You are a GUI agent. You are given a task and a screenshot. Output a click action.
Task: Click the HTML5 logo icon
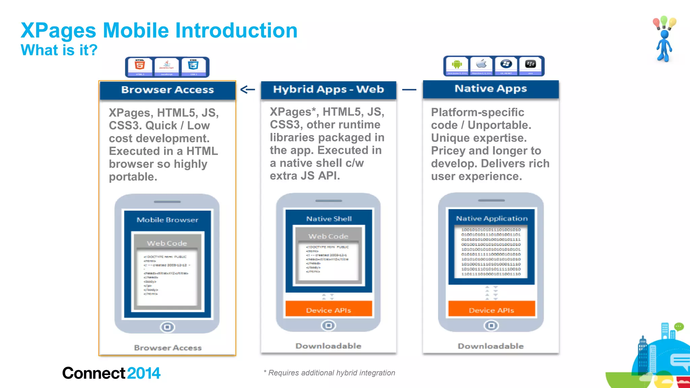[x=140, y=65]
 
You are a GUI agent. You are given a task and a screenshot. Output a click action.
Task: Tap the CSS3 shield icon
[x=193, y=65]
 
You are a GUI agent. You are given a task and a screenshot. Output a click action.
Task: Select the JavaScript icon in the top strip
[x=167, y=65]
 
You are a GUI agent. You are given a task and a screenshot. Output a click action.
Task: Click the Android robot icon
[x=457, y=64]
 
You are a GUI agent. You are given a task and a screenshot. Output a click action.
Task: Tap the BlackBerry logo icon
[x=530, y=64]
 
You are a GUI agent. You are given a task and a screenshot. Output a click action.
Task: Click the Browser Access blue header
[x=167, y=90]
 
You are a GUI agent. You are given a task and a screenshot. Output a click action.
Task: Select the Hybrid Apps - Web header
[x=328, y=90]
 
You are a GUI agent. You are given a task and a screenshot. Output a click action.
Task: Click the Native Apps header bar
[x=491, y=89]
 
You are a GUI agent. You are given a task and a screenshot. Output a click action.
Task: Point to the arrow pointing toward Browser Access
[x=248, y=90]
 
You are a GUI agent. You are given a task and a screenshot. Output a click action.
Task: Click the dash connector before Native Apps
[x=409, y=90]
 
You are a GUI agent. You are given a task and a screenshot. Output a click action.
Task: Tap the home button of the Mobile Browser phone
[x=167, y=327]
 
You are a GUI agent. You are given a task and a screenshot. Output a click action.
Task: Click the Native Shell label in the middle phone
[x=329, y=219]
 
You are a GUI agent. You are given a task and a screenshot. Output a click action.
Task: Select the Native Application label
[x=492, y=219]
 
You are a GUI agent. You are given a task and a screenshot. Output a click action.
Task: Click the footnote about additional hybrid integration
[x=329, y=373]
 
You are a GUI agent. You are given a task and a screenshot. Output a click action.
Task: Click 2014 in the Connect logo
[x=144, y=373]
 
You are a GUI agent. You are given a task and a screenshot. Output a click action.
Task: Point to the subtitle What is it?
[x=59, y=50]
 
